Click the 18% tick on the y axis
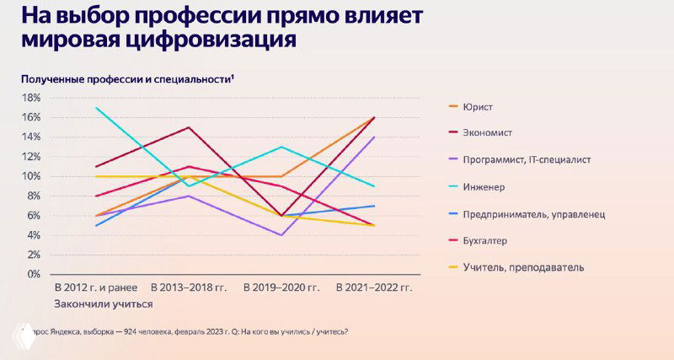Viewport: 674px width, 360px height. click(31, 98)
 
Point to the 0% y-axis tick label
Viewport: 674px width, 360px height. click(34, 274)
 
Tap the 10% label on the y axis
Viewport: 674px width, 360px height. click(31, 176)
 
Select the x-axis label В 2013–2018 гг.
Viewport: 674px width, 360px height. click(190, 288)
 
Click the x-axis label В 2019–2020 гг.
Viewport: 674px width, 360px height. click(281, 288)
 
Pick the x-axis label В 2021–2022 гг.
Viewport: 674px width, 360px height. click(373, 288)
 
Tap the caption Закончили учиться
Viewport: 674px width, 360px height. click(103, 304)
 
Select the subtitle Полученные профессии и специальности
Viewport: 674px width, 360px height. click(127, 78)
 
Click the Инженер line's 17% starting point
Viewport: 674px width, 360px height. click(98, 108)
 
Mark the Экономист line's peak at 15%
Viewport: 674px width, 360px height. click(190, 127)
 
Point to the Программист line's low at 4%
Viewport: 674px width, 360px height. click(281, 235)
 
